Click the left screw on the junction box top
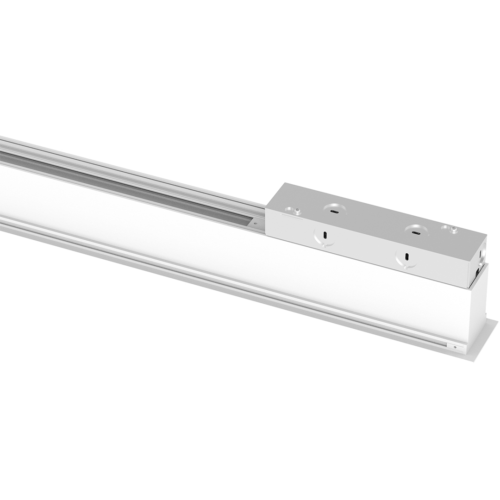tap(297, 211)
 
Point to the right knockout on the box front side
tap(406, 257)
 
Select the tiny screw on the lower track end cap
tap(455, 347)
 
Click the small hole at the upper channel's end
tap(254, 223)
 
